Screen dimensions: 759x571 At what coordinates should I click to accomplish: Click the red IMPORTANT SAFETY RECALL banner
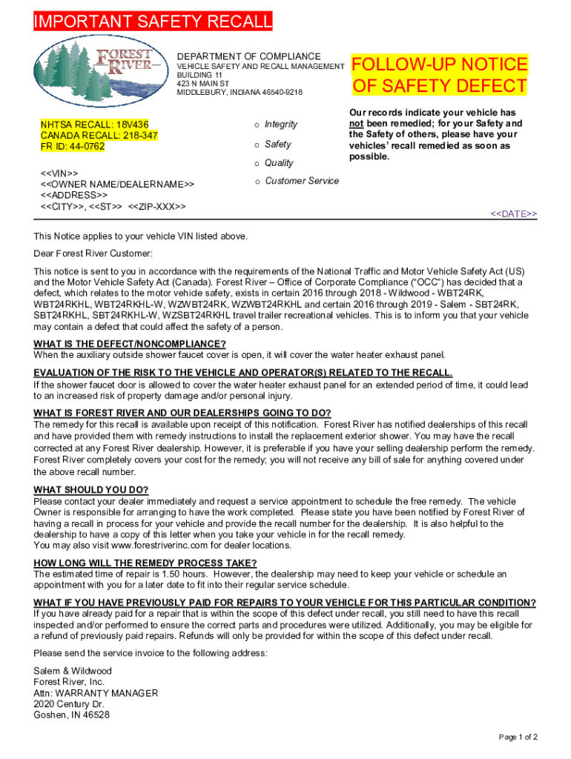[x=153, y=22]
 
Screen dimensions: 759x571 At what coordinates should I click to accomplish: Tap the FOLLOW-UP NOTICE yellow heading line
[x=440, y=64]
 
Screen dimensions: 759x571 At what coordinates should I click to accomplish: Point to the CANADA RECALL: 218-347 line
[x=88, y=136]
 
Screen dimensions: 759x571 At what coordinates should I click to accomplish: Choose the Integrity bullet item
[x=280, y=125]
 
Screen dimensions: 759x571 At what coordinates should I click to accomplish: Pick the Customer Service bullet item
[x=301, y=181]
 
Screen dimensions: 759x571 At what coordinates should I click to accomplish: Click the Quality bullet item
[x=279, y=163]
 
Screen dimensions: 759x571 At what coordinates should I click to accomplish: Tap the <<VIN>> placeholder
[x=59, y=173]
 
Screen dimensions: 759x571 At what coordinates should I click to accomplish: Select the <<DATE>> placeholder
[x=514, y=213]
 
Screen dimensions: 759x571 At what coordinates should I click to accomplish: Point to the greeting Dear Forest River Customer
[x=93, y=253]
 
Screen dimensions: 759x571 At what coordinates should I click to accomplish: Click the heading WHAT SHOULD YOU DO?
[x=91, y=490]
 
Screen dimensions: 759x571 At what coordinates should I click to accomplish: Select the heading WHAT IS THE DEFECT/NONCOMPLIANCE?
[x=130, y=343]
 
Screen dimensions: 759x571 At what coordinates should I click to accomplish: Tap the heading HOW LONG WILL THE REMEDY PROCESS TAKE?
[x=145, y=563]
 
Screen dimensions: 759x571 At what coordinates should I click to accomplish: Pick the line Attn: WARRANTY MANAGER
[x=96, y=693]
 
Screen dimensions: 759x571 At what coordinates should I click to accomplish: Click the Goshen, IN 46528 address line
[x=72, y=715]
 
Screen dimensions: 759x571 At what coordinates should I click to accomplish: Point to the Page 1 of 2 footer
[x=518, y=737]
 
